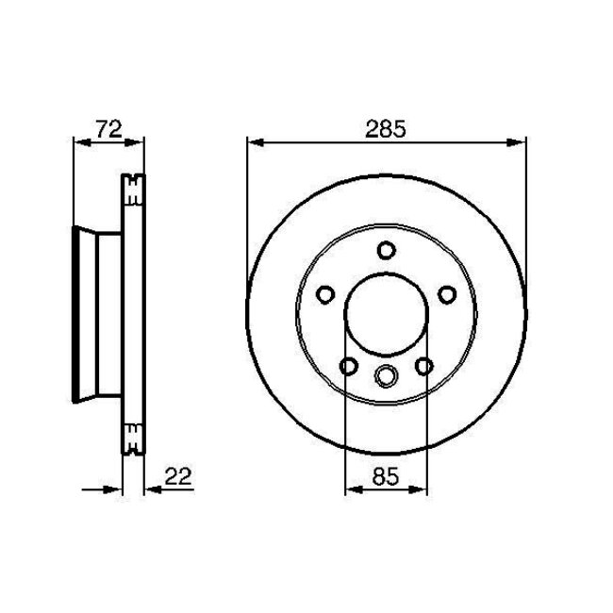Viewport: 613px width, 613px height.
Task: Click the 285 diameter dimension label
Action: tap(385, 130)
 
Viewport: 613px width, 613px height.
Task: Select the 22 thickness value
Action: tap(177, 478)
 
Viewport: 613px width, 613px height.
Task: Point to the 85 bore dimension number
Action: tap(385, 478)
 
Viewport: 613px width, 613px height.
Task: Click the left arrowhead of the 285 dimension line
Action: tap(254, 142)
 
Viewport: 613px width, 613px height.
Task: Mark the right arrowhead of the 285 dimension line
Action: tap(519, 142)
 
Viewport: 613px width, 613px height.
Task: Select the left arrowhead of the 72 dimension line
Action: tap(79, 142)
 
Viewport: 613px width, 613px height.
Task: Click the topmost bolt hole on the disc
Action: tap(386, 250)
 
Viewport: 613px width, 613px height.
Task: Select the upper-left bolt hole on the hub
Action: tap(324, 295)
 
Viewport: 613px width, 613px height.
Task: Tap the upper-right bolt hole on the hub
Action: tap(447, 295)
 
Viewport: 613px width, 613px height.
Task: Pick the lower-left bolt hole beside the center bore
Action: tap(348, 366)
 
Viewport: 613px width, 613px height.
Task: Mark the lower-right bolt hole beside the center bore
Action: tap(423, 366)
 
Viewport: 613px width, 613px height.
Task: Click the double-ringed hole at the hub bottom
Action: tap(386, 375)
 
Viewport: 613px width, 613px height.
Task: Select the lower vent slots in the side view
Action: tap(134, 437)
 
